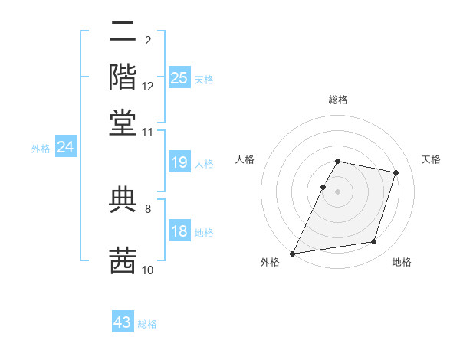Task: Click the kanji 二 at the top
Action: (x=123, y=33)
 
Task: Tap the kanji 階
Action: (x=123, y=77)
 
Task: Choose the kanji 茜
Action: (x=123, y=260)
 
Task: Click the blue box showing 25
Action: (x=179, y=78)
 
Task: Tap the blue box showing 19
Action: (x=179, y=162)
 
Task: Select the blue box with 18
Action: (x=179, y=231)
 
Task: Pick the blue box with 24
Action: (x=65, y=147)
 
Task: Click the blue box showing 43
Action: (x=123, y=322)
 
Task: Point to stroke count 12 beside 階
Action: (x=148, y=87)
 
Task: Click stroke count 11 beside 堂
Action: (x=148, y=132)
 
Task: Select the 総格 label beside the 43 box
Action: (x=147, y=324)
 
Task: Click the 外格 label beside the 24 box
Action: (x=41, y=149)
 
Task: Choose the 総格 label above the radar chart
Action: (x=338, y=100)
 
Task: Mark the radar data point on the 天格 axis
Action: (x=396, y=172)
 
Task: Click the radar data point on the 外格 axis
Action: (x=293, y=253)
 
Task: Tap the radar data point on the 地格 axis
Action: (x=374, y=242)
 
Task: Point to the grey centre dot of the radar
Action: (x=338, y=191)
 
